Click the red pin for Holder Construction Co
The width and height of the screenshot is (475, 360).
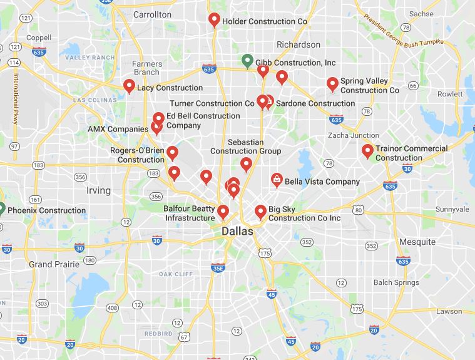(x=213, y=20)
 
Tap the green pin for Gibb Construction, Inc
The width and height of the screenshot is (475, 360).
(x=247, y=61)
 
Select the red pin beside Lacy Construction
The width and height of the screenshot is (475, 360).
(x=129, y=86)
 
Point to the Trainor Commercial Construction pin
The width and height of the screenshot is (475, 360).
(x=367, y=151)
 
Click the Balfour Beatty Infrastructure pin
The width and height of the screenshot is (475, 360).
(x=222, y=212)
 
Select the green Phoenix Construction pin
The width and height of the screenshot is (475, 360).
(x=1, y=209)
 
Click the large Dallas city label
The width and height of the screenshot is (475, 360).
(x=238, y=232)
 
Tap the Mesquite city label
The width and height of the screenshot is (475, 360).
(x=417, y=242)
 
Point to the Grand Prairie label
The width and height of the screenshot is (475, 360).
(x=54, y=264)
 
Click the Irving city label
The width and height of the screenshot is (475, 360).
(x=98, y=190)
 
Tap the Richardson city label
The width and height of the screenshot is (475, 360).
(x=299, y=45)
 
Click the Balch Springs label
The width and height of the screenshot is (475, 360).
(x=396, y=282)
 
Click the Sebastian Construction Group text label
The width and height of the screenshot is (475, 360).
(x=245, y=147)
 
